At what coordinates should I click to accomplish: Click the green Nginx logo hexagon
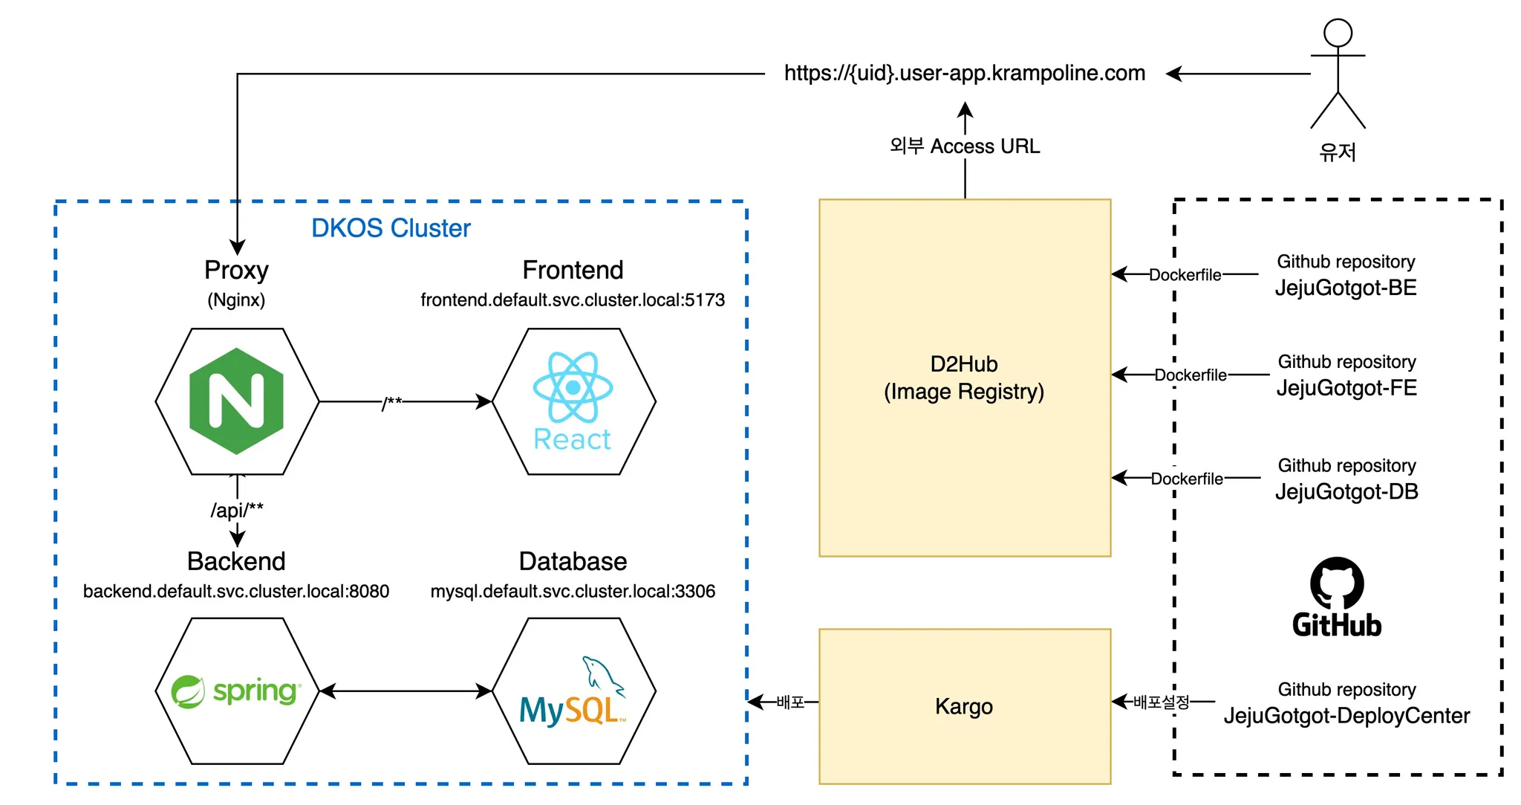[236, 401]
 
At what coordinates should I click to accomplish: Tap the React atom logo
[573, 387]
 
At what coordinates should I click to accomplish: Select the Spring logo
[236, 691]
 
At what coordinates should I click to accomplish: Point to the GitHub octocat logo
[1337, 583]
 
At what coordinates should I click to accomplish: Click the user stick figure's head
[1338, 33]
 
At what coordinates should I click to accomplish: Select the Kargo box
[964, 706]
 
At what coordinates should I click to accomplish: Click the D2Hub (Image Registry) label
[964, 378]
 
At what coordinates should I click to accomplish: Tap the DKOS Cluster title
[391, 228]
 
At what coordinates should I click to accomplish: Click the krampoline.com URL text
[964, 73]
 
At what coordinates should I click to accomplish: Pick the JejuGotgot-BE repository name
[1346, 288]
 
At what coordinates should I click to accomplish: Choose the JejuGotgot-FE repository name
[1346, 388]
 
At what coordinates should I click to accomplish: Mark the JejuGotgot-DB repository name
[1346, 491]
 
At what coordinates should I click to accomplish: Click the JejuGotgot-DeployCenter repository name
[1346, 716]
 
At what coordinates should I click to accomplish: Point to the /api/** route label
[237, 510]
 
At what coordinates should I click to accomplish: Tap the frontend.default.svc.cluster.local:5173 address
[573, 300]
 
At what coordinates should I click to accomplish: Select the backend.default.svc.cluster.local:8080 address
[236, 591]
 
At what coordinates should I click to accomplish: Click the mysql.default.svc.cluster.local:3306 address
[573, 591]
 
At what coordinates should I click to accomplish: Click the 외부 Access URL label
[964, 146]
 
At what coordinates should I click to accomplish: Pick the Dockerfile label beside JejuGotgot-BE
[1185, 275]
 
